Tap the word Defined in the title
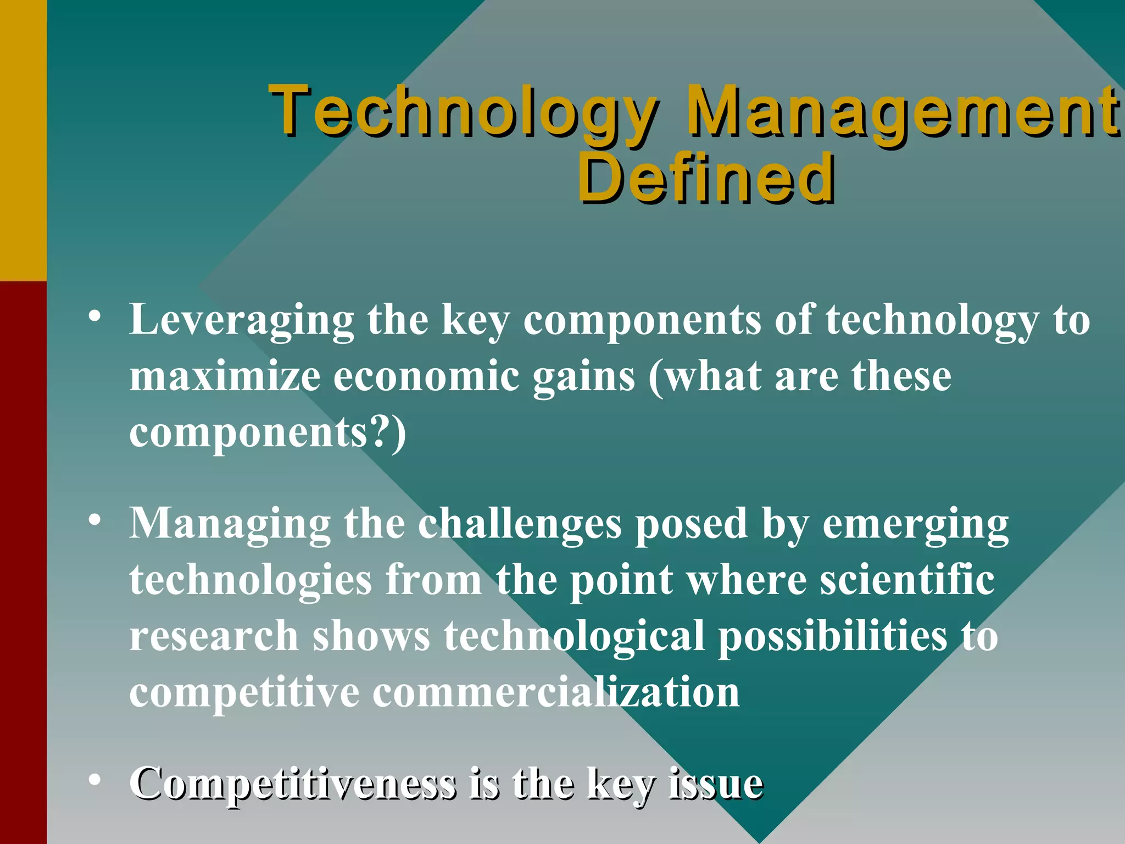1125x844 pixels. (x=706, y=177)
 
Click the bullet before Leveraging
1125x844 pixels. (x=94, y=317)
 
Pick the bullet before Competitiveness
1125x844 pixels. (x=94, y=780)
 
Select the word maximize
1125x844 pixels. (x=225, y=376)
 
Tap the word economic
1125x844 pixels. (x=426, y=376)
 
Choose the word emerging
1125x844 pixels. (x=915, y=525)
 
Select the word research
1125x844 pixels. (x=214, y=636)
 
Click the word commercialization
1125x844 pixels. (x=556, y=692)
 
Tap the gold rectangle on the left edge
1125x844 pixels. (x=23, y=140)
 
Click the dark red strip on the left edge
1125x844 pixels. (x=23, y=560)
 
